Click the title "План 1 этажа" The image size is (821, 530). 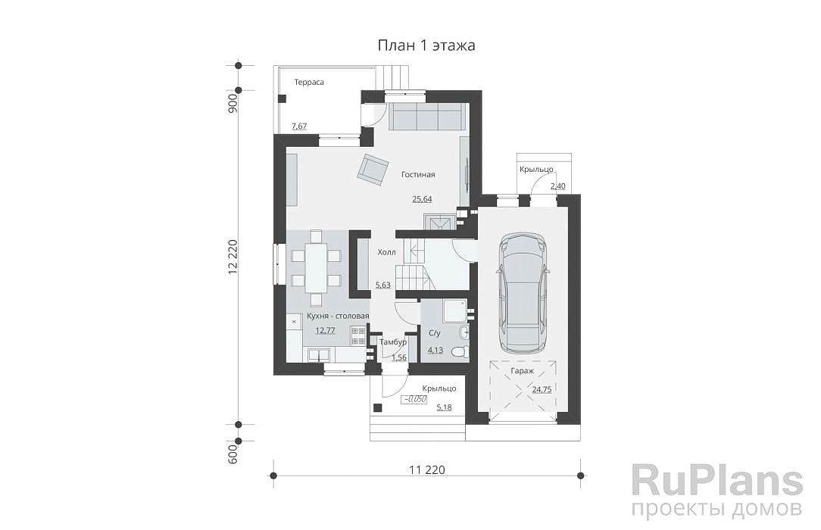tap(426, 45)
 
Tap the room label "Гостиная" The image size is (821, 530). tap(418, 175)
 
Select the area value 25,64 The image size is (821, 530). tap(422, 199)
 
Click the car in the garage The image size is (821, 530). tap(523, 293)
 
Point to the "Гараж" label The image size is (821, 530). tap(522, 371)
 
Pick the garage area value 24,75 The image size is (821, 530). tap(542, 389)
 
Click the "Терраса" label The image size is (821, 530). tap(309, 82)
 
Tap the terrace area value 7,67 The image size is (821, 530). tap(299, 126)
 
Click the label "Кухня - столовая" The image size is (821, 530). tap(338, 316)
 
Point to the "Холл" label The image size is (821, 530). tap(387, 252)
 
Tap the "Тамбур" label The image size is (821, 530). tap(392, 342)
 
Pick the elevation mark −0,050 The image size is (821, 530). tap(414, 399)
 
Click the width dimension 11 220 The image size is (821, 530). tap(426, 470)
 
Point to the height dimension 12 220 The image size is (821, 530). tap(233, 257)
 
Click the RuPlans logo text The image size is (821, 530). tap(716, 481)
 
